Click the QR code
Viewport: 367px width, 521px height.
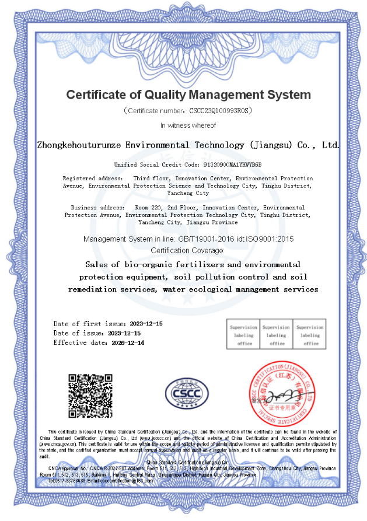[90, 396]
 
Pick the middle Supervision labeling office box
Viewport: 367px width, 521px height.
[277, 335]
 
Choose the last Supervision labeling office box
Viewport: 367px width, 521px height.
[310, 335]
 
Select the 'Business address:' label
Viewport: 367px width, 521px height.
[97, 207]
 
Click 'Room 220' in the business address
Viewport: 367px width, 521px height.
[148, 207]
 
